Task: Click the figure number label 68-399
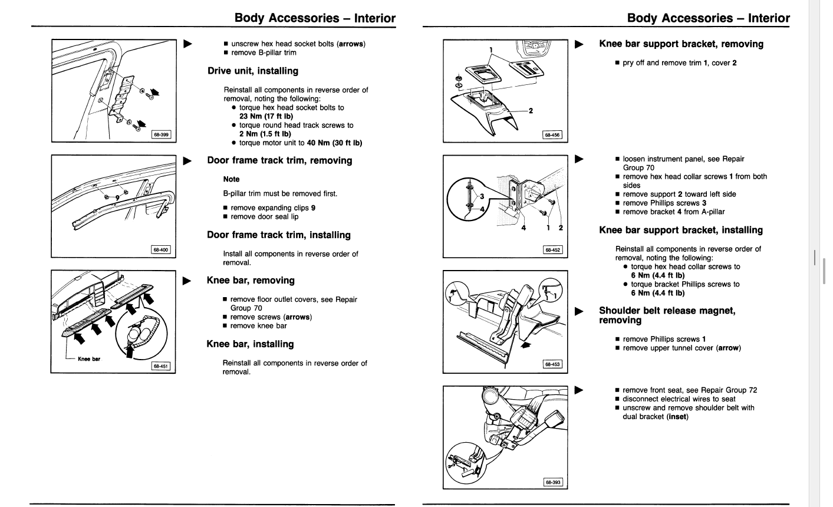pyautogui.click(x=161, y=134)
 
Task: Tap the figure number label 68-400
pyautogui.click(x=161, y=249)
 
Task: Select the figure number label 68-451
pyautogui.click(x=161, y=366)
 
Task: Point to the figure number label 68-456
pyautogui.click(x=552, y=134)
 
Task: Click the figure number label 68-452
pyautogui.click(x=552, y=249)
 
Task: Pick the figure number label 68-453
pyautogui.click(x=552, y=364)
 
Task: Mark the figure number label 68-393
pyautogui.click(x=553, y=482)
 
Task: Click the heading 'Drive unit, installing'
pyautogui.click(x=253, y=71)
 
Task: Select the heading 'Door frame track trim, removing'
pyautogui.click(x=279, y=160)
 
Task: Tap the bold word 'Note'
pyautogui.click(x=231, y=179)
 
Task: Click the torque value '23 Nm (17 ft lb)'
pyautogui.click(x=266, y=116)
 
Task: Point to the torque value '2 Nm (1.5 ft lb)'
pyautogui.click(x=265, y=134)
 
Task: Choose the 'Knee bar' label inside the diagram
pyautogui.click(x=89, y=359)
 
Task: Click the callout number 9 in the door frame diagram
pyautogui.click(x=117, y=197)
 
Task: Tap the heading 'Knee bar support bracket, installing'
pyautogui.click(x=681, y=231)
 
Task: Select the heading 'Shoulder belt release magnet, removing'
pyautogui.click(x=667, y=315)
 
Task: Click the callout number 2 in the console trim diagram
pyautogui.click(x=531, y=111)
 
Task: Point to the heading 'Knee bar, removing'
pyautogui.click(x=251, y=281)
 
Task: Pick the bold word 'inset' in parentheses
pyautogui.click(x=677, y=417)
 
